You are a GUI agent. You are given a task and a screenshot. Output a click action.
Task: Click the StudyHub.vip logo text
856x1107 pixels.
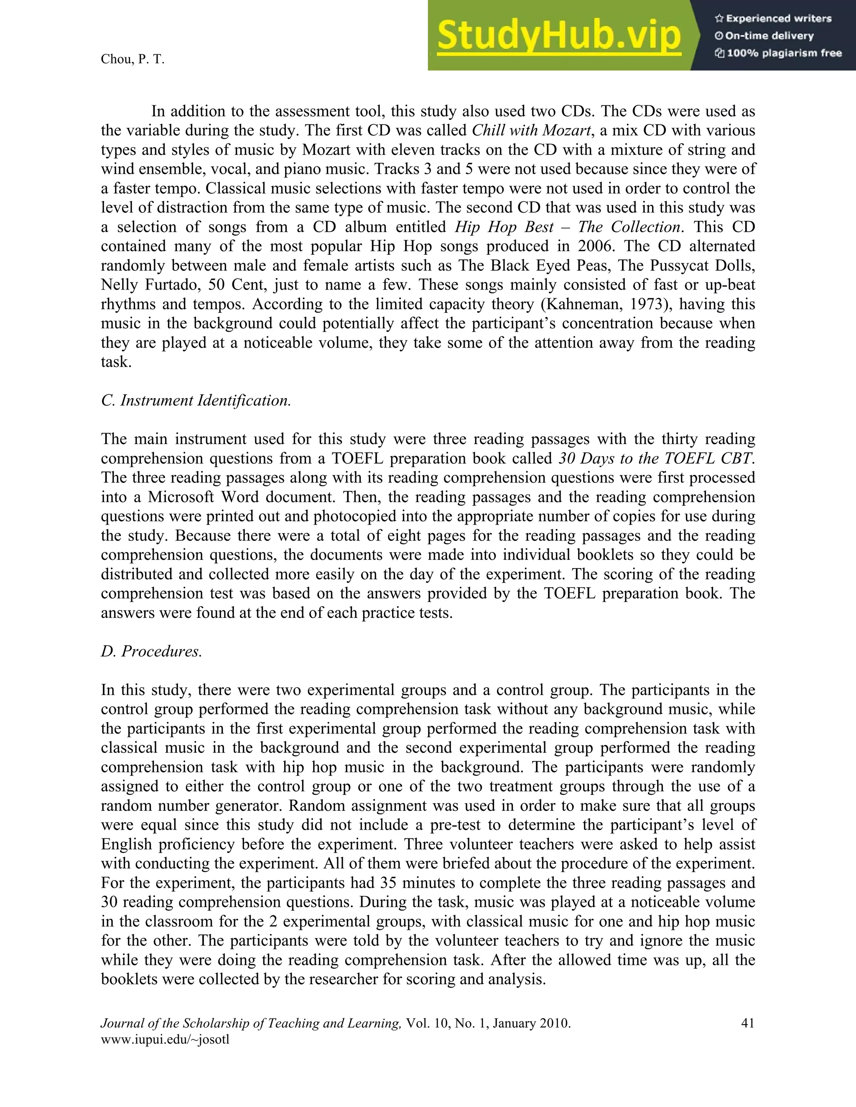coord(558,36)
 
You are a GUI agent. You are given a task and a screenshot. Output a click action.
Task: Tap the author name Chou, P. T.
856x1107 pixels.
coord(132,59)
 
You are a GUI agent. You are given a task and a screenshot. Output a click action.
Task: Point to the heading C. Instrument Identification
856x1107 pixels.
coord(196,401)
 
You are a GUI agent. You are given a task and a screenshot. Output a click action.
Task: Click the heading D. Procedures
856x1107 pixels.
coord(151,651)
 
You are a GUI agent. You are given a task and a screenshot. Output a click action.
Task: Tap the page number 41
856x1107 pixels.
coord(747,1023)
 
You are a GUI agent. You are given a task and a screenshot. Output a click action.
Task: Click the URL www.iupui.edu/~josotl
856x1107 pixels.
coord(166,1040)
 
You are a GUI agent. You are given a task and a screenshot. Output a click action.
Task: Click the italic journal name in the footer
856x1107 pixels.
coord(250,1023)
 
